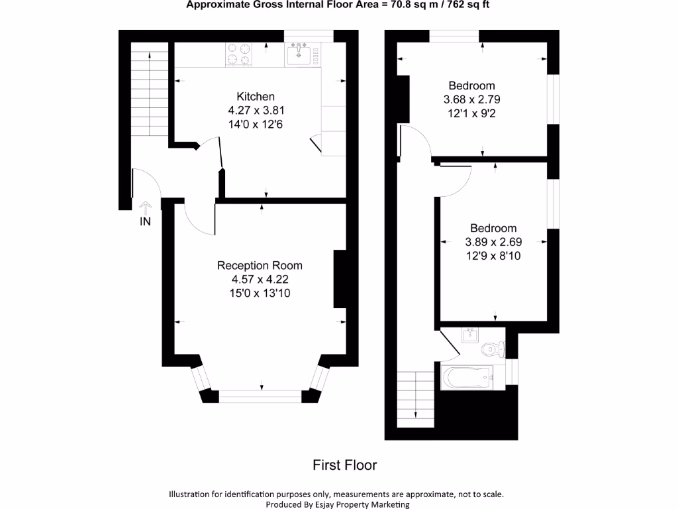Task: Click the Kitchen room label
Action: tap(256, 97)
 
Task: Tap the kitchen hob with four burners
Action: tap(239, 54)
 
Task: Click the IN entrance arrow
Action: tap(145, 213)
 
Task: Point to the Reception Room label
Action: tap(260, 266)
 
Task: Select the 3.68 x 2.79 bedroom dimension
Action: tap(471, 99)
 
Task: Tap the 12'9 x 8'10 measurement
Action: tap(493, 255)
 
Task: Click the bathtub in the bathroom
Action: tap(467, 378)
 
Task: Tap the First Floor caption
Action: tap(344, 465)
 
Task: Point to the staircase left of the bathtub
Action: tap(415, 395)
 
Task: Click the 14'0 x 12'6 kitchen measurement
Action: tap(256, 124)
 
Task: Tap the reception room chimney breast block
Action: tap(340, 278)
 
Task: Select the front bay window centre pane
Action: tap(260, 396)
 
